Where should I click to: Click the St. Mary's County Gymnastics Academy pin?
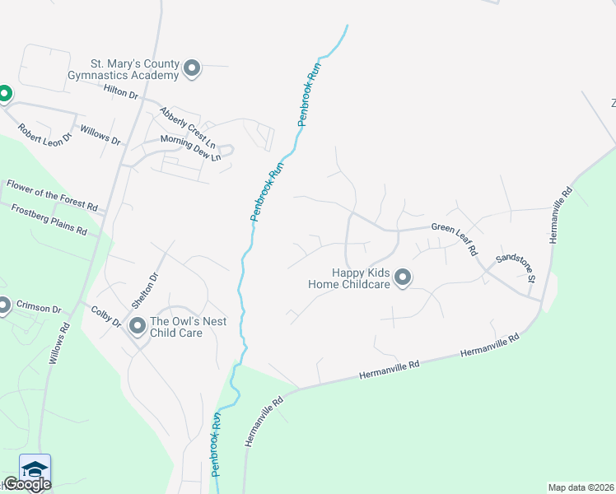(192, 68)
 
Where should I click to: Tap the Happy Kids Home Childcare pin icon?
(403, 278)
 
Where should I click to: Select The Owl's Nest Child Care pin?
(138, 327)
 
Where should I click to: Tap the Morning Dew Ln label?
(190, 147)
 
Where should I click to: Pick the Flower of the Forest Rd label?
(52, 195)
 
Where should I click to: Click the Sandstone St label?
(516, 269)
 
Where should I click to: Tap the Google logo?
(27, 483)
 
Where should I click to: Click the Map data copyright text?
(581, 487)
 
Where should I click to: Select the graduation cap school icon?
(35, 468)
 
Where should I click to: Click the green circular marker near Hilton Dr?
(3, 94)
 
